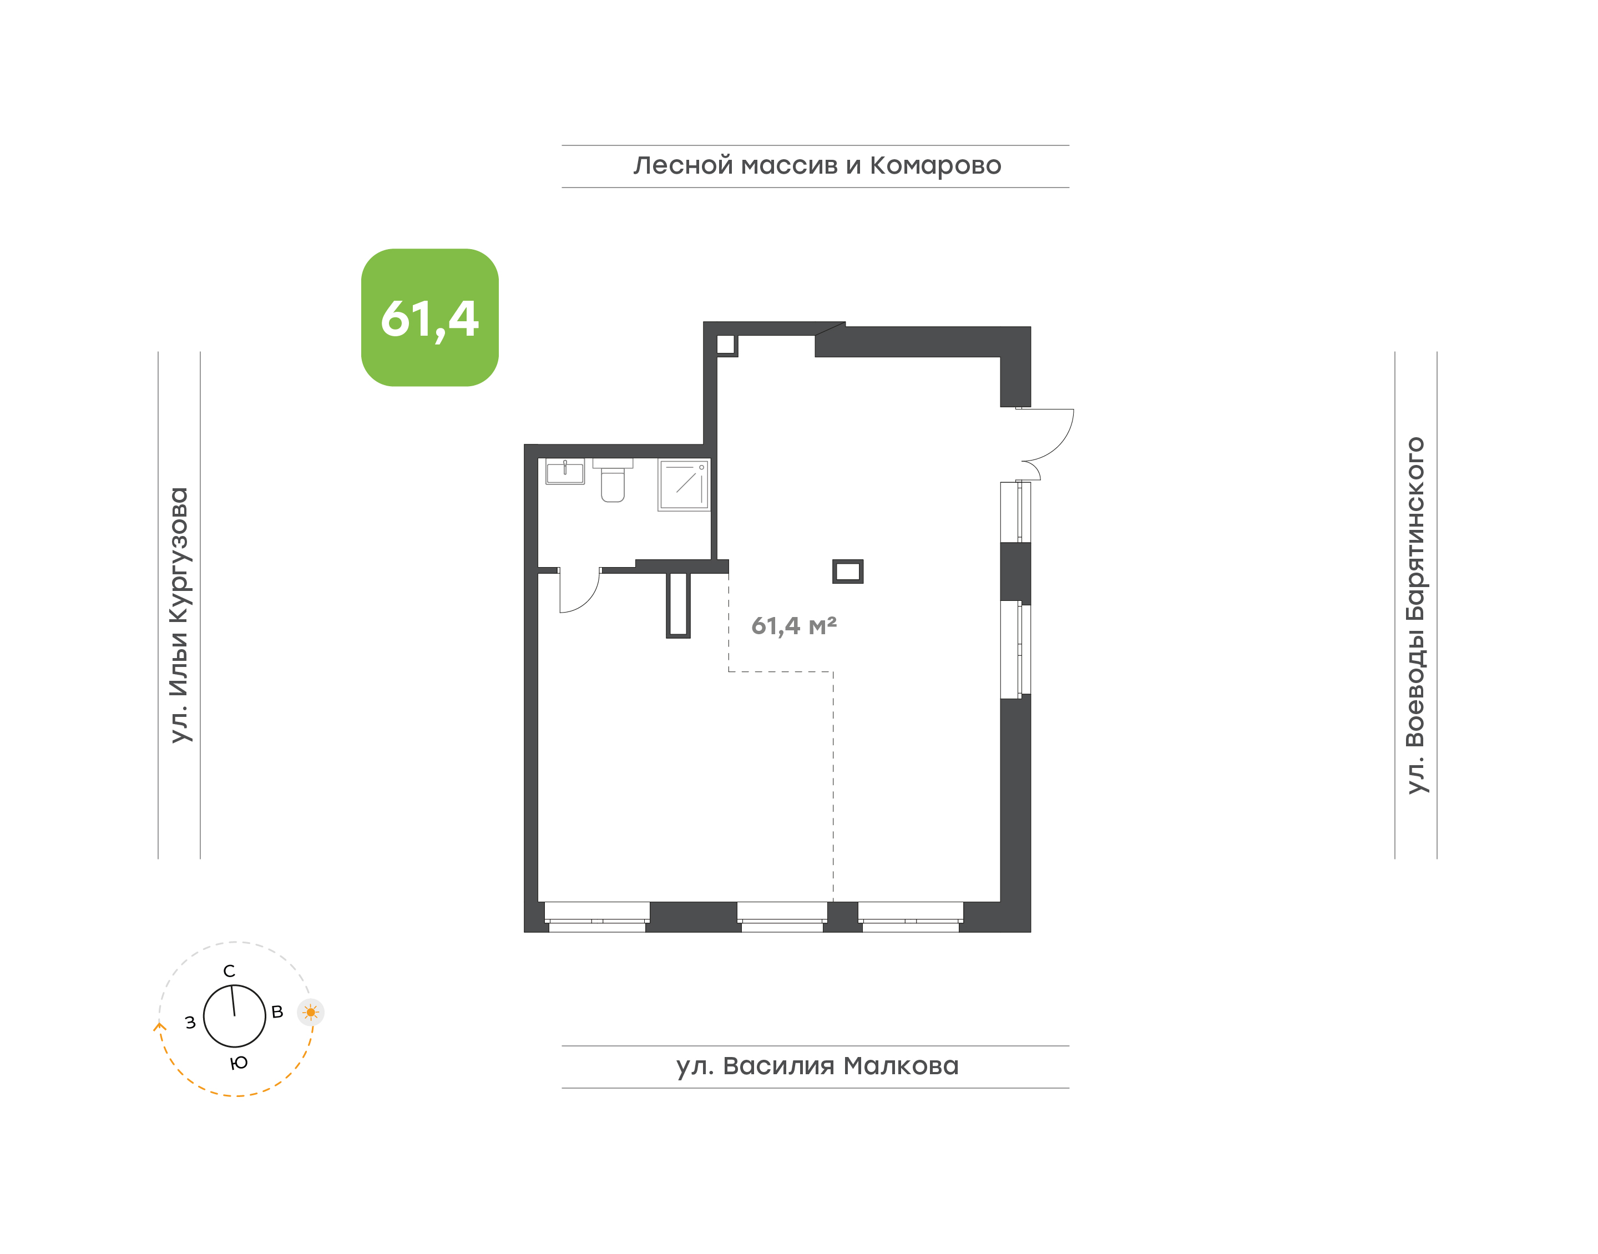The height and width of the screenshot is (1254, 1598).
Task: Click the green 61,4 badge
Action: click(x=429, y=317)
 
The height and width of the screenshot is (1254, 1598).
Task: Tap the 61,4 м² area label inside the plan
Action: click(x=793, y=625)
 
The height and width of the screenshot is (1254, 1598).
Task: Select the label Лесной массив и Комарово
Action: click(x=817, y=166)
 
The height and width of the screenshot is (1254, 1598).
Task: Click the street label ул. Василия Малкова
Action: click(x=817, y=1066)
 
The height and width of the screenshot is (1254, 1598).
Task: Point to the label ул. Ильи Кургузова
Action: click(x=179, y=615)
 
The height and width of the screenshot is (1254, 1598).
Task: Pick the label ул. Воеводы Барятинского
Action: click(x=1415, y=615)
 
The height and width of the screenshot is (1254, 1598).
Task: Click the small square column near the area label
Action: click(x=848, y=571)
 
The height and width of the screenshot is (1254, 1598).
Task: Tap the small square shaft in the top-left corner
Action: click(x=726, y=345)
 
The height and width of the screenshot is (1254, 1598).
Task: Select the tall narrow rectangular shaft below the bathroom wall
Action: click(x=678, y=605)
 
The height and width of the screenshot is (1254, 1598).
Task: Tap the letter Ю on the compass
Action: click(x=239, y=1063)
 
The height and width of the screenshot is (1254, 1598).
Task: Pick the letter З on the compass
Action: click(x=190, y=1023)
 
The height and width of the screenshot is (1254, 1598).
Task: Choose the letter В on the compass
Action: click(x=277, y=1012)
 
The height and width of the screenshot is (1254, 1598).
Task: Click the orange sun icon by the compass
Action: click(x=311, y=1013)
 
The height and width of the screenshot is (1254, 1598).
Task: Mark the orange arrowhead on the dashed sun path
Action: click(x=159, y=1025)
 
